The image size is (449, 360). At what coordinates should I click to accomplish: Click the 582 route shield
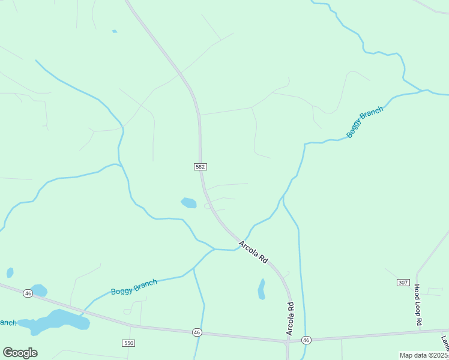click(200, 166)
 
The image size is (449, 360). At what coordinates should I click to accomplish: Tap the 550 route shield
click(128, 343)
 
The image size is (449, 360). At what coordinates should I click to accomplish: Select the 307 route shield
click(403, 282)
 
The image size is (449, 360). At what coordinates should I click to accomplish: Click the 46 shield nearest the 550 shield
click(197, 332)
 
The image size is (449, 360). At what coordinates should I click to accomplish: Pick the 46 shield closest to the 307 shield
click(307, 340)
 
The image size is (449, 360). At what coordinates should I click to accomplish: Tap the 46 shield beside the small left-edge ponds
click(28, 293)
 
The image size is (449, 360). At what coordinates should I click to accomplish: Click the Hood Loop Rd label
click(417, 306)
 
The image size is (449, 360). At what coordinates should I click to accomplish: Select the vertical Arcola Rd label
click(290, 319)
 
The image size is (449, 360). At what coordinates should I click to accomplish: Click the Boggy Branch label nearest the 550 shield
click(134, 287)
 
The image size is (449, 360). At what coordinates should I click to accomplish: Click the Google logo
click(20, 353)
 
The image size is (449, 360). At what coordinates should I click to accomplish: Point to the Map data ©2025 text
click(424, 355)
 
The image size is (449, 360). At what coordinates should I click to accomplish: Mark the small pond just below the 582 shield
click(189, 203)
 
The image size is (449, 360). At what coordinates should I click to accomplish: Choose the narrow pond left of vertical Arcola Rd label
click(261, 289)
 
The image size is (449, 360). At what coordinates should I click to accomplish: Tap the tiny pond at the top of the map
click(114, 31)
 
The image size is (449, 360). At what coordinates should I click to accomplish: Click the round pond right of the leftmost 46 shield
click(39, 290)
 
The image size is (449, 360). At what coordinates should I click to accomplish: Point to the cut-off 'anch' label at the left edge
click(8, 323)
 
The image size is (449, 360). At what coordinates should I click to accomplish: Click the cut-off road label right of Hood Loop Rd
click(445, 343)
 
